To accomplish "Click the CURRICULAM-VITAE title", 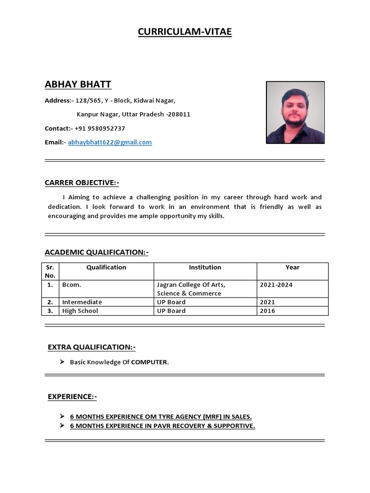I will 185,32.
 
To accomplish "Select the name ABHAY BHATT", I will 78,85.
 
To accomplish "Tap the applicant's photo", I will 295,113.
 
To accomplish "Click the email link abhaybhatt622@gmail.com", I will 110,143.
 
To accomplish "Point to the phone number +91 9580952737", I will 100,129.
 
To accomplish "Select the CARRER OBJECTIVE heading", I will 81,183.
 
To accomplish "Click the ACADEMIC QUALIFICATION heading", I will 96,252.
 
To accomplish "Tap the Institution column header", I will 205,268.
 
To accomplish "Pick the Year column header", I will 292,268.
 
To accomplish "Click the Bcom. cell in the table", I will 72,285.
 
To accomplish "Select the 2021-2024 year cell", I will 276,285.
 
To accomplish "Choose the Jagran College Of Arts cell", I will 191,285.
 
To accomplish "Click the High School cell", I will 80,311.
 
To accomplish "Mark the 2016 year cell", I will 267,311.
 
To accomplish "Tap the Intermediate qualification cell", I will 82,302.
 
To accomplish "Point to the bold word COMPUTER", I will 149,363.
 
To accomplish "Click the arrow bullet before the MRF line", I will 62,416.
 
